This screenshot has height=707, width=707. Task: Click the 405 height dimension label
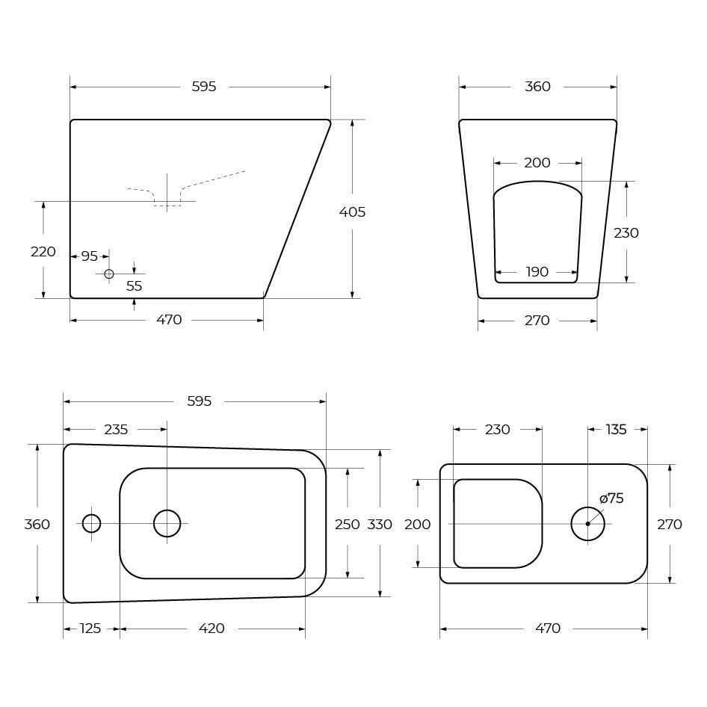pos(352,212)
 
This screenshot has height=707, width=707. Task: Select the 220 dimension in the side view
pos(43,252)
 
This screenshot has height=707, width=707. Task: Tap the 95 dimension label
pos(89,256)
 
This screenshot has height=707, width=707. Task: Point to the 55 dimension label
pos(134,286)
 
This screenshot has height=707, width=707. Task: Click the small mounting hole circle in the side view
pos(108,274)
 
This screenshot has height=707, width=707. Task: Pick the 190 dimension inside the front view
pos(537,272)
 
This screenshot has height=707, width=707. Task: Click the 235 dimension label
pos(116,430)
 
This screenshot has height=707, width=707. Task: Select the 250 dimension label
pos(348,525)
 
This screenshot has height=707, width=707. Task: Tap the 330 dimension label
pos(380,525)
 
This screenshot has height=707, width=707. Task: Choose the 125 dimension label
pos(90,629)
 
